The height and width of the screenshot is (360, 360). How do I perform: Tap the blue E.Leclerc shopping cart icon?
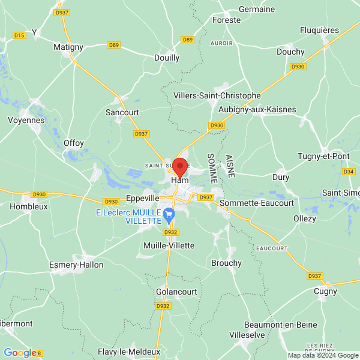tap(169, 213)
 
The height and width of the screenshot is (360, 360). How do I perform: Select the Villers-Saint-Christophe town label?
tap(217, 95)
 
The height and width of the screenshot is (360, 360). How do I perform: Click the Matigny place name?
tap(68, 46)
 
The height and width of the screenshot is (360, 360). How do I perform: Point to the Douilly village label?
tap(167, 58)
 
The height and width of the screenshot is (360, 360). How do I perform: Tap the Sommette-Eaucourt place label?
tap(257, 203)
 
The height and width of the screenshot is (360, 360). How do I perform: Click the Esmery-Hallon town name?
tap(76, 265)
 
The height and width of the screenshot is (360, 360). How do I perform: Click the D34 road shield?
tap(349, 172)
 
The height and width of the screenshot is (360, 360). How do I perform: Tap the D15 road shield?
tap(19, 35)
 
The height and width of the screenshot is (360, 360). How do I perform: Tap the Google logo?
tap(20, 353)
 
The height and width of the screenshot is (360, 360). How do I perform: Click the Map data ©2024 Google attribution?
tap(322, 355)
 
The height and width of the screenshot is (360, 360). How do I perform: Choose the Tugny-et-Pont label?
tap(323, 156)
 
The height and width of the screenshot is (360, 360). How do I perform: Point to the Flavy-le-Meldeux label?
tap(129, 352)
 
